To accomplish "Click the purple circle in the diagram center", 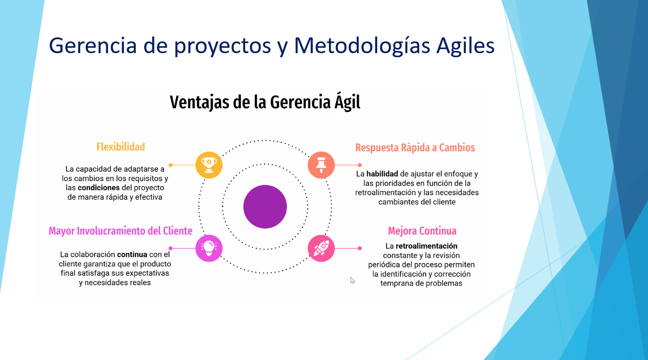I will coord(265,207).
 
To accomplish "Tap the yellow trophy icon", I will coord(209,165).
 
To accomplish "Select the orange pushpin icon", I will coord(321,165).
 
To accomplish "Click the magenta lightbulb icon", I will coord(209,248).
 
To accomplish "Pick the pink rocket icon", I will coord(321,248).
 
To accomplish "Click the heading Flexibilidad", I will coord(121,147).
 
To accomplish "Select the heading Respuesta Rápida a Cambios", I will coord(415,148).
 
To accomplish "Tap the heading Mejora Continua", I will coord(422,231).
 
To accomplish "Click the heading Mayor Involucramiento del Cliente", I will coord(120,231).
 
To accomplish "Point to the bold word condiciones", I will coord(99,187).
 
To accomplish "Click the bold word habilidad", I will coord(382,174).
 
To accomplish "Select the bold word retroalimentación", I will coord(426,246).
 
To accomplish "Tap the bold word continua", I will coord(132,254).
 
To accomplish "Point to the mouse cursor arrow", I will coord(352,280).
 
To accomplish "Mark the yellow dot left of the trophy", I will coord(170,165).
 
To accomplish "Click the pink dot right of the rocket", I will coord(360,248).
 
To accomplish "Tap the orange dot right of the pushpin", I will coord(360,165).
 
